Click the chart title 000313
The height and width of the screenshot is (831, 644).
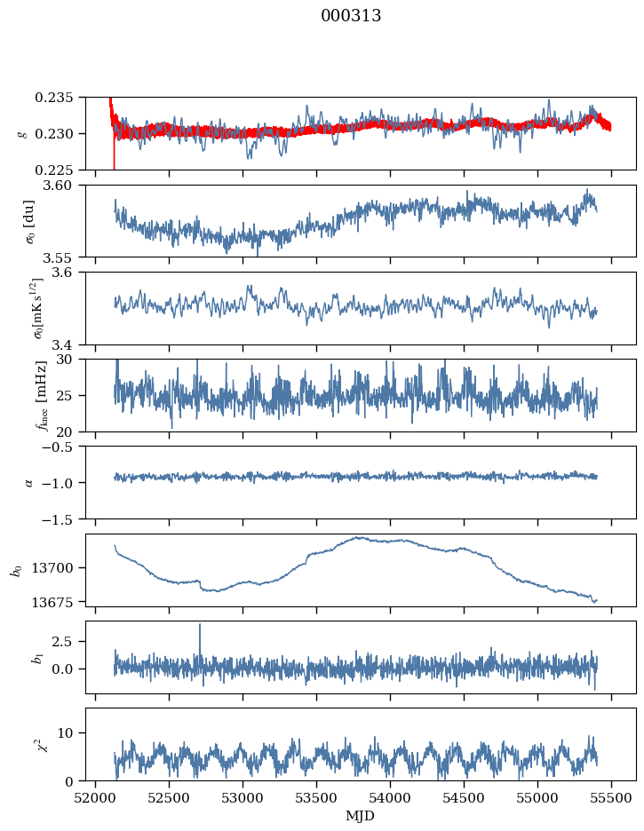(x=351, y=16)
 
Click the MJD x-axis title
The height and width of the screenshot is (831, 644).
(x=360, y=816)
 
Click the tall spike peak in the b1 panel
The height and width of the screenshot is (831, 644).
(x=200, y=624)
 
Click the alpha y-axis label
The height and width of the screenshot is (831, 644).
(x=29, y=482)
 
